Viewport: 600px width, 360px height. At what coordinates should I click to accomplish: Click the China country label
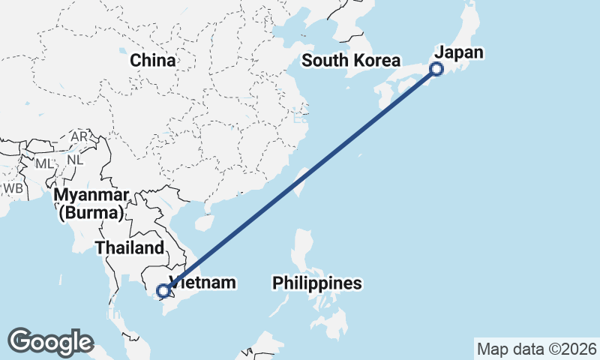click(x=152, y=61)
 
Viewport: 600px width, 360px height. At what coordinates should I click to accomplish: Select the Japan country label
click(x=459, y=52)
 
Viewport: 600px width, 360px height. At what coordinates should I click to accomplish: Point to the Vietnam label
click(x=204, y=283)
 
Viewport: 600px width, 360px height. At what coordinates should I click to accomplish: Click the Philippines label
click(x=317, y=283)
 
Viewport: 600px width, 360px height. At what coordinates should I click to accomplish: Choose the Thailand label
click(x=129, y=248)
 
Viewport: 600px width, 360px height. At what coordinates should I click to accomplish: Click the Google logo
click(x=50, y=342)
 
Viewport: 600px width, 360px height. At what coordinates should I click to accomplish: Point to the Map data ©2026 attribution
click(x=536, y=349)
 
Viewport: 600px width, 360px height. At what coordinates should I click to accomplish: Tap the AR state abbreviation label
click(x=79, y=136)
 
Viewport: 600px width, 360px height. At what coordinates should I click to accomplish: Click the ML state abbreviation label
click(x=45, y=163)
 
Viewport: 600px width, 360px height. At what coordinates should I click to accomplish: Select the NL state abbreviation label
click(x=75, y=160)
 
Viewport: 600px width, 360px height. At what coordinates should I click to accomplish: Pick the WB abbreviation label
click(x=13, y=188)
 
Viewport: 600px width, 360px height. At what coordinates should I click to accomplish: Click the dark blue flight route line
click(x=300, y=179)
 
